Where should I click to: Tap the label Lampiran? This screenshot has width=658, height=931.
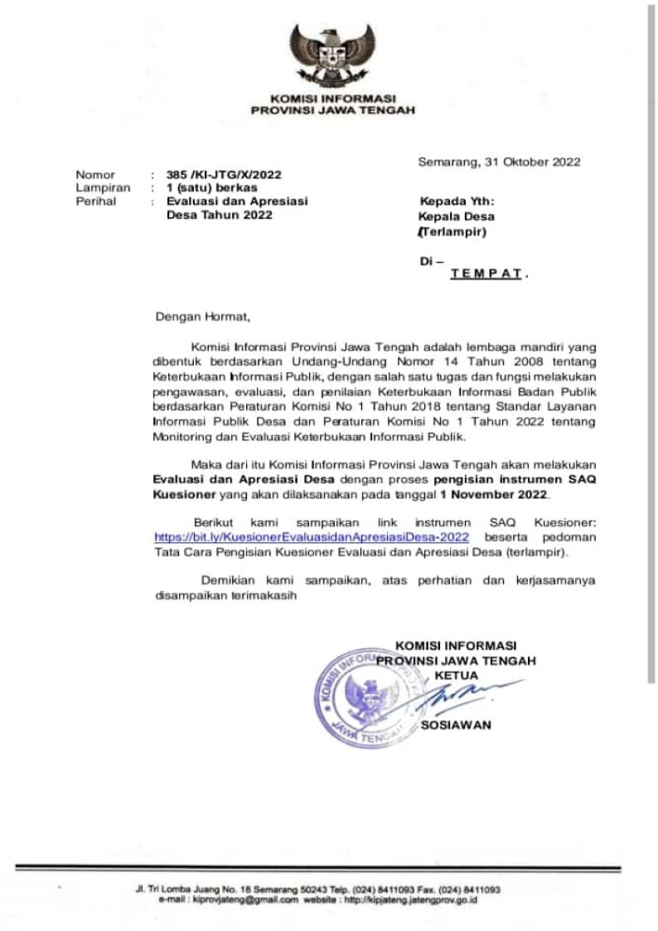(x=99, y=188)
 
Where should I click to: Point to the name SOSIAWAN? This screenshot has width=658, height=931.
(x=456, y=725)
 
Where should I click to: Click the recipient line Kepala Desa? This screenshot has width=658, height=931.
(x=457, y=217)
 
